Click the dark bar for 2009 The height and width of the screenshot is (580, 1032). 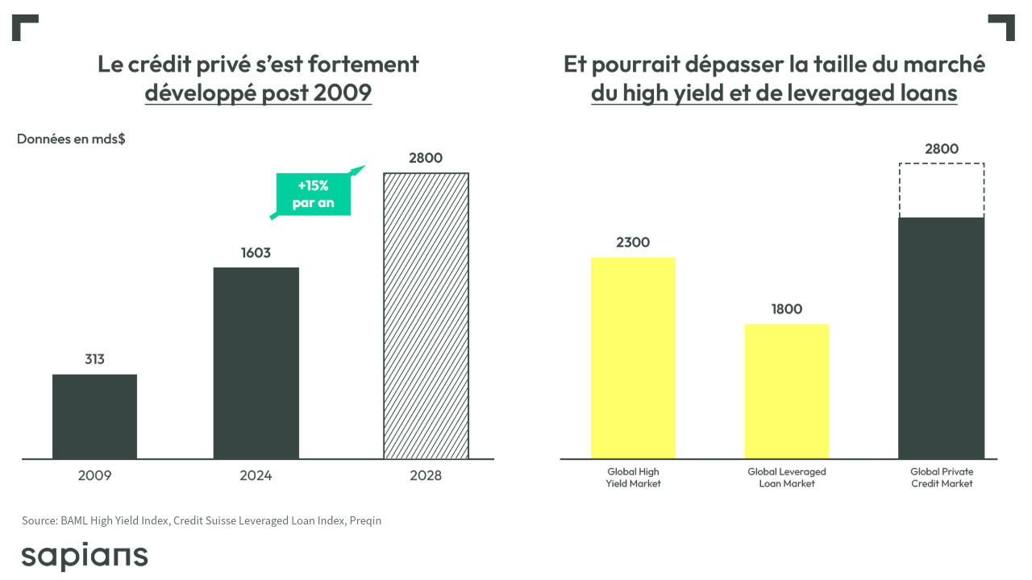tap(94, 416)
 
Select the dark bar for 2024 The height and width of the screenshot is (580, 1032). tap(256, 362)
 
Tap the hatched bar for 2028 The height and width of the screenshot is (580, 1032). tap(426, 316)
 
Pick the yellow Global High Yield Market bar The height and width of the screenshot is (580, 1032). tap(633, 358)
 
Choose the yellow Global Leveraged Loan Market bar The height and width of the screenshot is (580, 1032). tap(786, 391)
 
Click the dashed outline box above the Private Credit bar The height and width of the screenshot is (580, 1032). tap(942, 191)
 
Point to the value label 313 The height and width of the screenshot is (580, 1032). tap(94, 359)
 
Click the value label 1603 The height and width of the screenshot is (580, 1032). tap(256, 253)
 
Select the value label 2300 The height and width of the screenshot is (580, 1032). tap(633, 242)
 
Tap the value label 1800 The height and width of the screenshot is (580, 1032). tap(786, 309)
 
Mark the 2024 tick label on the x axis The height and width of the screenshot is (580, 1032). tap(256, 476)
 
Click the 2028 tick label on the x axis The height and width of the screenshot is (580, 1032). tap(426, 476)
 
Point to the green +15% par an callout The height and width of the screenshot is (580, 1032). tap(314, 194)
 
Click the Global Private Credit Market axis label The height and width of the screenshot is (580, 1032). tap(942, 478)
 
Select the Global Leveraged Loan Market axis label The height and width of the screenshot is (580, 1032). tap(786, 478)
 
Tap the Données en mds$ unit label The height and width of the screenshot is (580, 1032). tap(71, 139)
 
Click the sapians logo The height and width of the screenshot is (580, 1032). tap(85, 556)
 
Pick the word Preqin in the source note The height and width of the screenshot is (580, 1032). tap(365, 520)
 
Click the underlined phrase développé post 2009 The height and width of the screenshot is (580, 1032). tap(258, 93)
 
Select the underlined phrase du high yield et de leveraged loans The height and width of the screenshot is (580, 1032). tap(774, 93)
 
